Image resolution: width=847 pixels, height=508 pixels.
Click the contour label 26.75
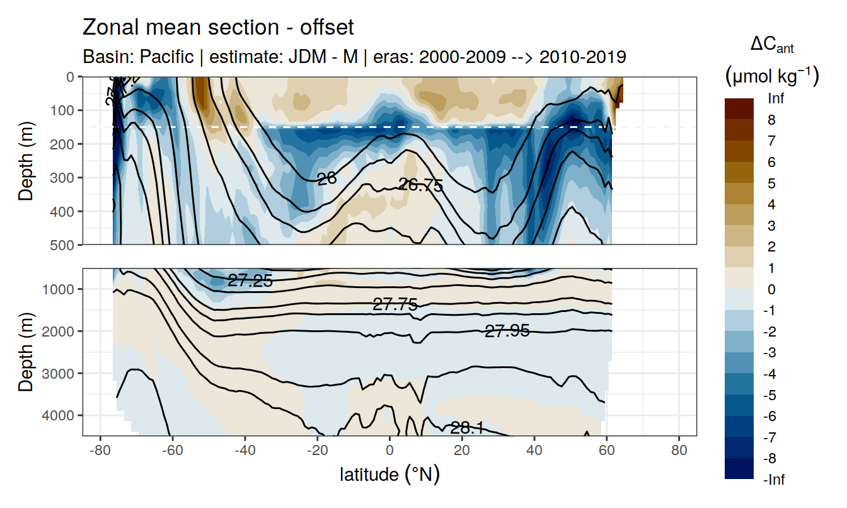[420, 185]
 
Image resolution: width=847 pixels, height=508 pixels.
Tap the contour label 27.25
[250, 281]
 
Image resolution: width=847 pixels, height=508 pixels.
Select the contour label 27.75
[395, 305]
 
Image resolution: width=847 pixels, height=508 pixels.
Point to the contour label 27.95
[507, 330]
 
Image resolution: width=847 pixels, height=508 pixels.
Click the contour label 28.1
[466, 429]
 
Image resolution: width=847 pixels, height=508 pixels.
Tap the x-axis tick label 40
[534, 452]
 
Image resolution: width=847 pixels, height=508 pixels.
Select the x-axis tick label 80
[679, 452]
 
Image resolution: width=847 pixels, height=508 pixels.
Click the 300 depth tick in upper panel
[65, 177]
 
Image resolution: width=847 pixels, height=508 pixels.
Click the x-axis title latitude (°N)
[389, 474]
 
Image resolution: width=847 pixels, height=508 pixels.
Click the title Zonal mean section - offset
[219, 28]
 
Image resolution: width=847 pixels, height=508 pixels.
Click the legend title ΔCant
[771, 45]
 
